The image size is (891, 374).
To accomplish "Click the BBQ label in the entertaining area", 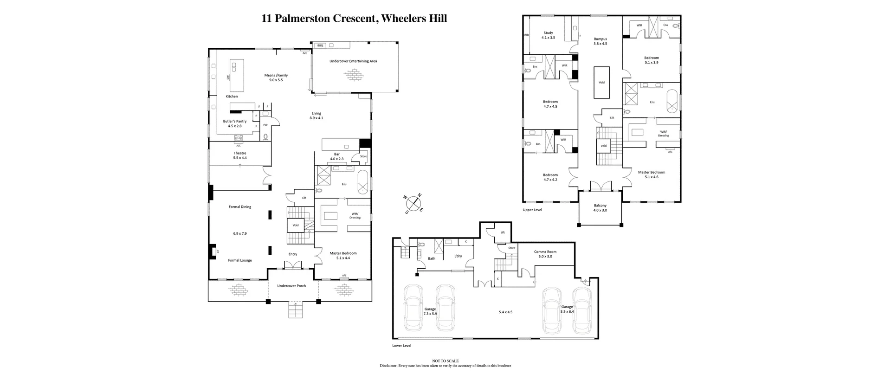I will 320,45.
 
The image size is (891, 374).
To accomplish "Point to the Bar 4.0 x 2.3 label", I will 337,156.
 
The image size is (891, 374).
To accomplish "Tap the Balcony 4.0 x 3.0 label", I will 600,208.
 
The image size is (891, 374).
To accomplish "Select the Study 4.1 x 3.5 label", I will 548,35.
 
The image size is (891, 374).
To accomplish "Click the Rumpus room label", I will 600,41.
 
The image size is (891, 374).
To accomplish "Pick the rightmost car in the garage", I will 582,310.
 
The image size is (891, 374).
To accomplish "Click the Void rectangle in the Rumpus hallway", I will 601,83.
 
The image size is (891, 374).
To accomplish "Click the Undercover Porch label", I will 291,286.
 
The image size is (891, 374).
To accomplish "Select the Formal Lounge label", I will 240,260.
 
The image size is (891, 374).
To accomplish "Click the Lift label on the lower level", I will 503,232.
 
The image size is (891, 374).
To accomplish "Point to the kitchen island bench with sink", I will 237,76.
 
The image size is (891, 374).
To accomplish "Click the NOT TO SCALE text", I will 445,361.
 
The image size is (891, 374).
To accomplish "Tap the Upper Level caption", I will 532,210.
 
